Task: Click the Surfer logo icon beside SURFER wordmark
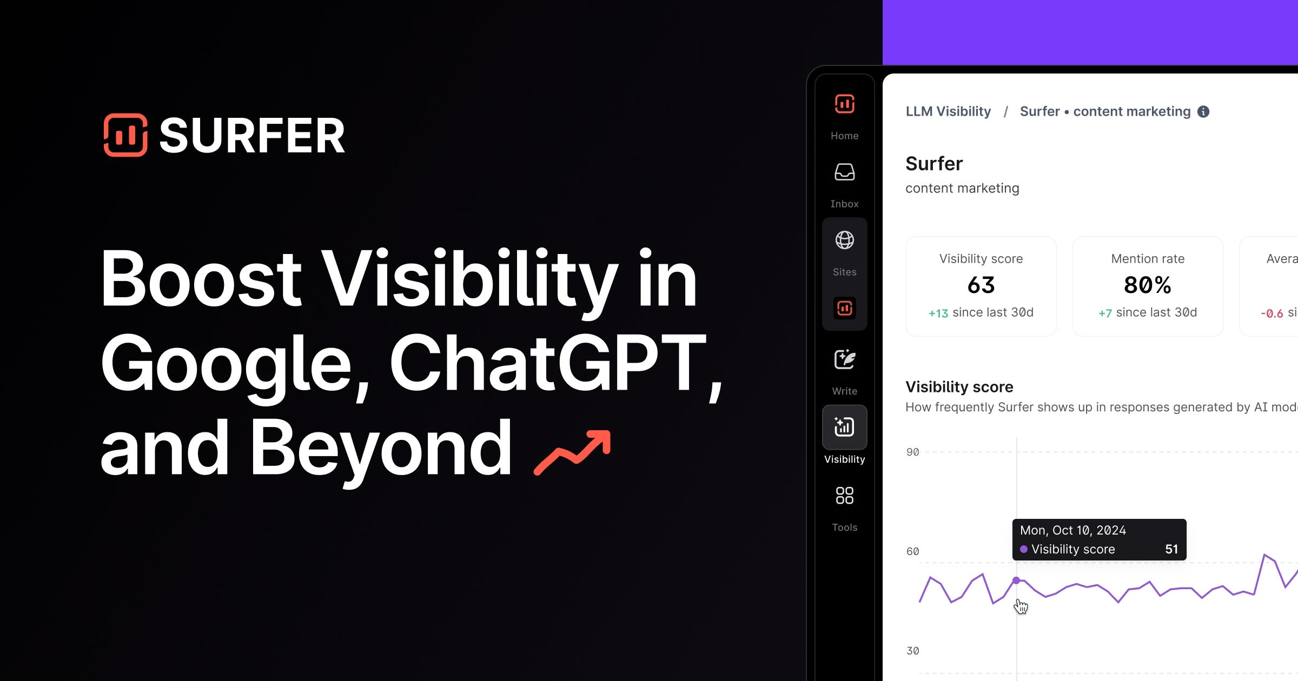pyautogui.click(x=125, y=135)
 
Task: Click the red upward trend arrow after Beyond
pyautogui.click(x=572, y=453)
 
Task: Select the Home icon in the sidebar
pyautogui.click(x=844, y=104)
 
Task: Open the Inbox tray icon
pyautogui.click(x=844, y=172)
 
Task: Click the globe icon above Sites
pyautogui.click(x=844, y=240)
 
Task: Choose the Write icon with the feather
pyautogui.click(x=844, y=359)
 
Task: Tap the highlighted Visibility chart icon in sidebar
pyautogui.click(x=844, y=427)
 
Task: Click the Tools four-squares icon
pyautogui.click(x=844, y=495)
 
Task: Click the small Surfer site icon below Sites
pyautogui.click(x=844, y=308)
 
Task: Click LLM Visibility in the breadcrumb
pyautogui.click(x=948, y=111)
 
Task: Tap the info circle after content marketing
pyautogui.click(x=1203, y=111)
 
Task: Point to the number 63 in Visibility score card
pyautogui.click(x=981, y=285)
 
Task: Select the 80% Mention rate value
pyautogui.click(x=1148, y=285)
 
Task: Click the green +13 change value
pyautogui.click(x=938, y=313)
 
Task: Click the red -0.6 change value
pyautogui.click(x=1271, y=313)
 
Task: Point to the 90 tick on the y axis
pyautogui.click(x=912, y=452)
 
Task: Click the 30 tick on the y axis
pyautogui.click(x=912, y=651)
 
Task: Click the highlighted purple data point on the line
pyautogui.click(x=1016, y=580)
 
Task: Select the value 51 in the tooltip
pyautogui.click(x=1171, y=549)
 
